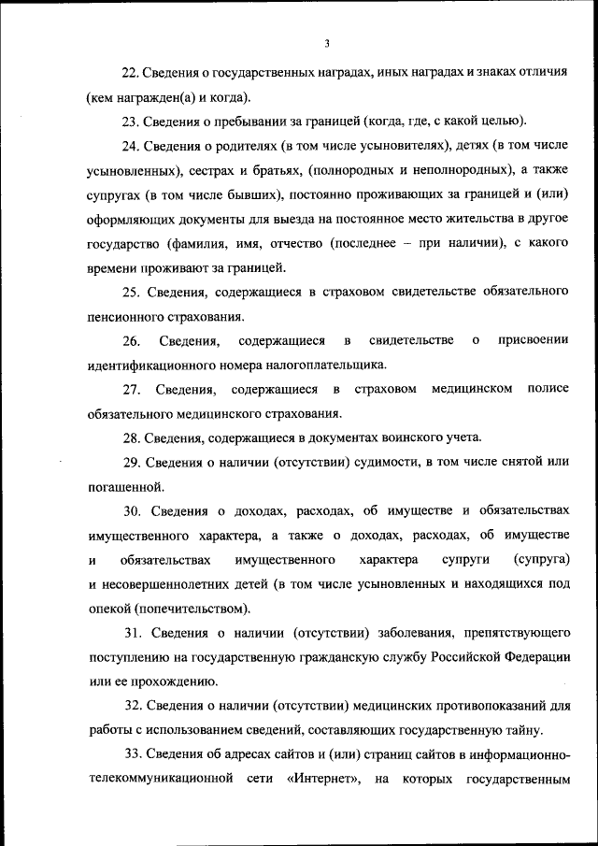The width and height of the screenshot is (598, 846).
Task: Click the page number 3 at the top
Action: tap(327, 43)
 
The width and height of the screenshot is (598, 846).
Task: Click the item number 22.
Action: tap(131, 72)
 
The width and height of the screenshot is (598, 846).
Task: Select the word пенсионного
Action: tap(125, 317)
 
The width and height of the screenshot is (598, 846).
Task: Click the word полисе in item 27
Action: tap(548, 389)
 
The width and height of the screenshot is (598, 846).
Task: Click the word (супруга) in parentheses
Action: tap(542, 559)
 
